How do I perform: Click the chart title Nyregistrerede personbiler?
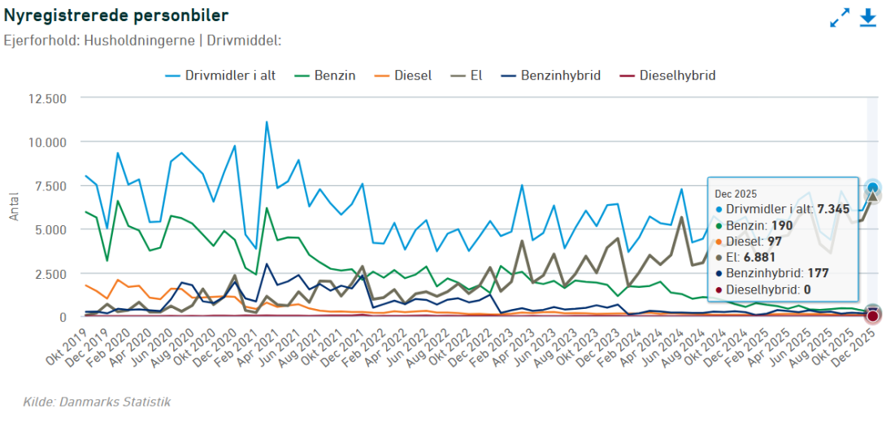coord(115,15)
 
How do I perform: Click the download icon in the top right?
coord(868,18)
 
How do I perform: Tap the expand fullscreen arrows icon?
coord(840,18)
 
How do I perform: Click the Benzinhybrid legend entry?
coord(550,76)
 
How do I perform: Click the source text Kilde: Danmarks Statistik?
coord(97,402)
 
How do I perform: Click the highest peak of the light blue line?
coord(266,122)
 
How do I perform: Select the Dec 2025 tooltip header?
coord(736,194)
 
